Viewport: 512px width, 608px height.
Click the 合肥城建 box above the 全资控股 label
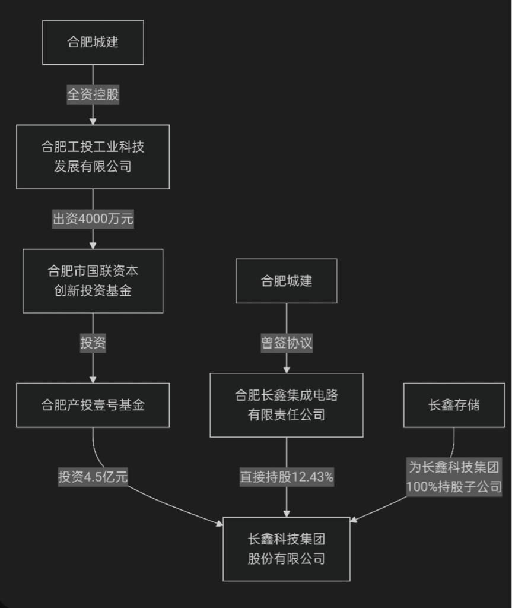(93, 42)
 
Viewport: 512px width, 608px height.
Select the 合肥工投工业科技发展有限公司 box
(93, 157)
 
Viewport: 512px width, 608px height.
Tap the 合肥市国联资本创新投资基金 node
(93, 281)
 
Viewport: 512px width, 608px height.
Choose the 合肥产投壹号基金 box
(93, 405)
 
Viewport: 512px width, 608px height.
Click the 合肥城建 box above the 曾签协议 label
(287, 281)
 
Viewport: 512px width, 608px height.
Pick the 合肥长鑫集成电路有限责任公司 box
(287, 405)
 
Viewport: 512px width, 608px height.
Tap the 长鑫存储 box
(454, 405)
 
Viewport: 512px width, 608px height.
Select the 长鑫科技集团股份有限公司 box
(287, 549)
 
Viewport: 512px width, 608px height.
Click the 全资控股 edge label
(93, 94)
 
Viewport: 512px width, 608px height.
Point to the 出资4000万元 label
(93, 219)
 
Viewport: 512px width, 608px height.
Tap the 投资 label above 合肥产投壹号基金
(93, 343)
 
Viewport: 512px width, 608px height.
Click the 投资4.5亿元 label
(93, 476)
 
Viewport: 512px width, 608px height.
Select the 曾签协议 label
(287, 343)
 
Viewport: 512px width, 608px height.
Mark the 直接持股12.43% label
(287, 476)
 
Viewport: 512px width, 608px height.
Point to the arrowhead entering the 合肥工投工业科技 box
(93, 121)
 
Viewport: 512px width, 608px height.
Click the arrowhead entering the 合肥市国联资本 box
(93, 245)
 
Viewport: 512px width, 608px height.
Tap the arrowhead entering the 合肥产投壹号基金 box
(93, 379)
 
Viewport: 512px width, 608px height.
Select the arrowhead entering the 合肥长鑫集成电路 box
(287, 369)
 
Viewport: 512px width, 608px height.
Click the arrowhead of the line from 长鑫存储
(353, 520)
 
